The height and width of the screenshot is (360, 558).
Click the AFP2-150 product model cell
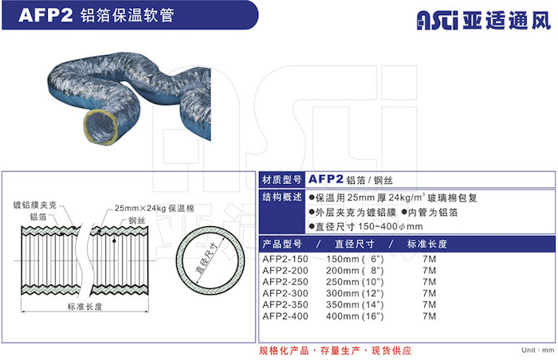285,259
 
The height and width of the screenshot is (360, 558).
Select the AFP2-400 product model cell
285,316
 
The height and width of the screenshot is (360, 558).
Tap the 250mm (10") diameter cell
355,282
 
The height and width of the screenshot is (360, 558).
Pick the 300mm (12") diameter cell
355,293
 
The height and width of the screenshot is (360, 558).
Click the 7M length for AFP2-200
429,270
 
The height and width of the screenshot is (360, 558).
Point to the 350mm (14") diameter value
355,304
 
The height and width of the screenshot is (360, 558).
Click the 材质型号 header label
282,180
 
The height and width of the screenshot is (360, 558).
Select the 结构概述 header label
282,197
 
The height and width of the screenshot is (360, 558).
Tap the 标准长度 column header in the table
427,244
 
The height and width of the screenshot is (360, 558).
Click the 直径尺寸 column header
355,244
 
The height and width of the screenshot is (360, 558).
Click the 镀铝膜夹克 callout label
35,205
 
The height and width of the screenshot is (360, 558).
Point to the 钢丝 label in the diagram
137,221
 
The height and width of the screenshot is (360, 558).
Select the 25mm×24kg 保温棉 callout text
155,208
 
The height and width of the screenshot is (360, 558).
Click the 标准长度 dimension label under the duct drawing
85,307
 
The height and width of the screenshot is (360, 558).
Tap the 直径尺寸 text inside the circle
207,259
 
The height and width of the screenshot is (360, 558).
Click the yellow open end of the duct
100,126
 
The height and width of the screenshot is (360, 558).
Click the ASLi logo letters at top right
438,20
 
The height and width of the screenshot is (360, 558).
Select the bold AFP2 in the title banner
45,15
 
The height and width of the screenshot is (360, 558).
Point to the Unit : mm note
538,350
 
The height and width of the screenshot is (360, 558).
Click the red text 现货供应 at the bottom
391,350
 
